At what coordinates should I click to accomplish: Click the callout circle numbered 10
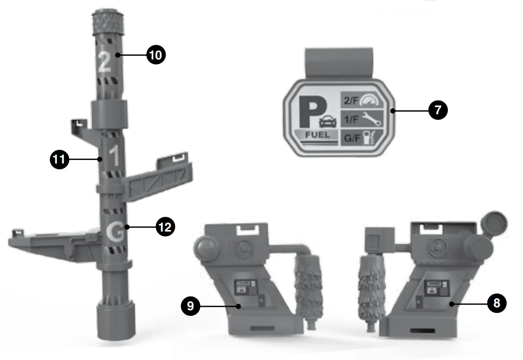[156, 55]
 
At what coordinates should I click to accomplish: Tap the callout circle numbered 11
[59, 159]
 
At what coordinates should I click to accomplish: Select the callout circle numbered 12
[166, 227]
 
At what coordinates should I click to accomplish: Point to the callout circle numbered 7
[438, 110]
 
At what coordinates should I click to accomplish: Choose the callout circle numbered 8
[497, 303]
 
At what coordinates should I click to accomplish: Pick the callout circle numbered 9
[190, 306]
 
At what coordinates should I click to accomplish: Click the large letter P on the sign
[312, 111]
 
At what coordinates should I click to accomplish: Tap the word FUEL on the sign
[317, 135]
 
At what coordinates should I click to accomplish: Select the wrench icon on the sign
[372, 119]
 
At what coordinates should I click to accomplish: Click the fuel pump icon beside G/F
[369, 138]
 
